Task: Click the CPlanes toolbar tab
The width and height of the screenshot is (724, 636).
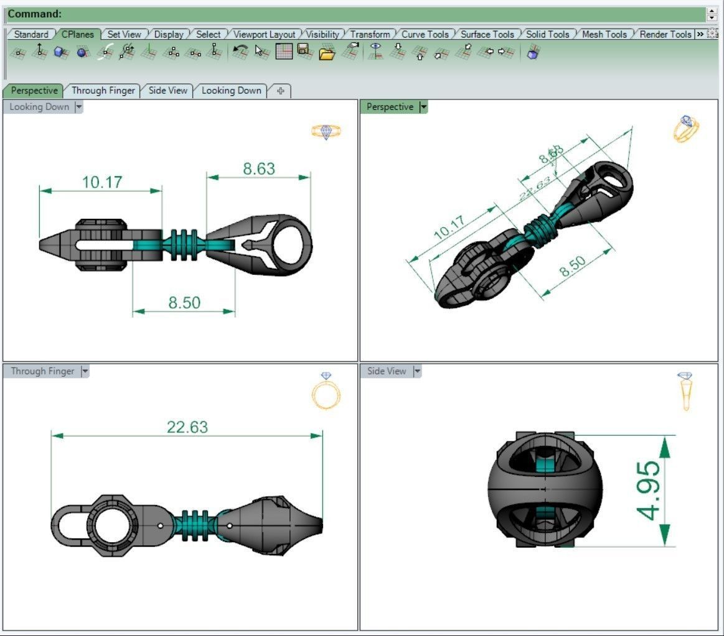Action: [77, 34]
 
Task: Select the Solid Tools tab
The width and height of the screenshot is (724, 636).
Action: [547, 34]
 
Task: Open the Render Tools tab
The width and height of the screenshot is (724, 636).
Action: [665, 34]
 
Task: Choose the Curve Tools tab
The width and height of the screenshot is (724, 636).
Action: [425, 34]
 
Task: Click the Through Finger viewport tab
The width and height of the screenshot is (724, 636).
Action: [103, 90]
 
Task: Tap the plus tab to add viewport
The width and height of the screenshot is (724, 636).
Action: [280, 91]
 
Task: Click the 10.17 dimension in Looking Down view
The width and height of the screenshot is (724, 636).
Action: [102, 182]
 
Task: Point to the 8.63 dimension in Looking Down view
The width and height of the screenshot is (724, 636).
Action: [259, 169]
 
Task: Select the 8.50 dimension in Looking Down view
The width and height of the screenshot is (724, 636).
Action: [184, 303]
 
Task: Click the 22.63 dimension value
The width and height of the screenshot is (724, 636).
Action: [187, 427]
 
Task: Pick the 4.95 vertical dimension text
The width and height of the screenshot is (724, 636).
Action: [648, 491]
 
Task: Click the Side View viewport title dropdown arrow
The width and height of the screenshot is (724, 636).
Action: [417, 371]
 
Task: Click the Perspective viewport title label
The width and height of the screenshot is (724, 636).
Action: [389, 107]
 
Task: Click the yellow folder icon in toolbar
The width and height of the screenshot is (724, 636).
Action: [327, 53]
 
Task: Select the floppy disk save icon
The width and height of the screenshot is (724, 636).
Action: [304, 51]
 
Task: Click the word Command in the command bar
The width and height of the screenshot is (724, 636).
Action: [34, 14]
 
